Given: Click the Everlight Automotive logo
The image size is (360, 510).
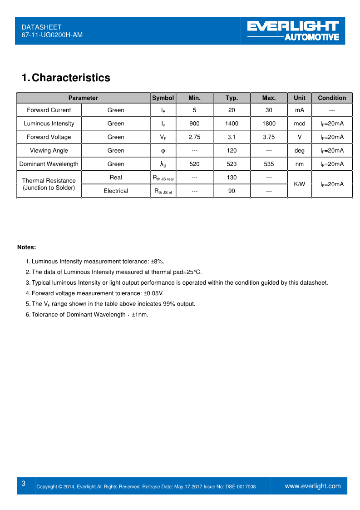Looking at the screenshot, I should pos(293,31).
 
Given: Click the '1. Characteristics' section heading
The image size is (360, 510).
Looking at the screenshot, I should pos(66,78).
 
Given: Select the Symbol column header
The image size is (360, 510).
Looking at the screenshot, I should pos(163,98).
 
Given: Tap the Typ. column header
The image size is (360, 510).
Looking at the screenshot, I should pos(232,98).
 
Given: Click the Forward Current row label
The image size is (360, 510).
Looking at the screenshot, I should pos(49,110).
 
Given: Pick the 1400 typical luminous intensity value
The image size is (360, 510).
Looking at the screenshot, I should pos(232,124).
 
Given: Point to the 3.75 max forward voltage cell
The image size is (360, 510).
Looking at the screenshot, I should pos(269,137).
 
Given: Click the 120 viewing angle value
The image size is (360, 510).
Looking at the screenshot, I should pos(232,150).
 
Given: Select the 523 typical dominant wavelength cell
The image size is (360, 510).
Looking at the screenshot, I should pos(232,164).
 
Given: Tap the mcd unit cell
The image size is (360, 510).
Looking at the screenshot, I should pos(300,124).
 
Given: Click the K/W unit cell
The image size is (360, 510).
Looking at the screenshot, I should pos(300,184).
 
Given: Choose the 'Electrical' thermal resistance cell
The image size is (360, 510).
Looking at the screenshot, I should pos(116,191).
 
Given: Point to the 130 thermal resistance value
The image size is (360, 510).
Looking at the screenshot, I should pos(232,178).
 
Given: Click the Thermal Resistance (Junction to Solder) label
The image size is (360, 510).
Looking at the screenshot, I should pos(49,184).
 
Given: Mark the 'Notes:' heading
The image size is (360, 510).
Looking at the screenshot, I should pos(26,247).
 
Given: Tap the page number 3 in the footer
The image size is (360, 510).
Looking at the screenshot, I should pos(24,484).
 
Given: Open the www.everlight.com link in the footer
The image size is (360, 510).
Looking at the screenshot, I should pos(312,486).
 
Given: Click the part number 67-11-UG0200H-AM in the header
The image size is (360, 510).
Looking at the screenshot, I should pos(52,35).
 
